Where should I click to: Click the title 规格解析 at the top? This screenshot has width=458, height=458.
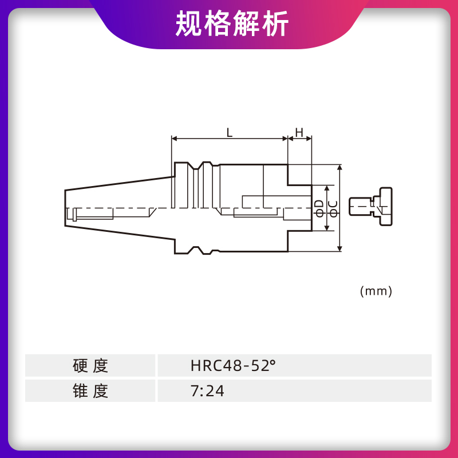click(x=232, y=24)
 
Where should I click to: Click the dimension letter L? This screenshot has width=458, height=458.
click(x=229, y=133)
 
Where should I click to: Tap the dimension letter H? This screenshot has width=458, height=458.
click(x=299, y=133)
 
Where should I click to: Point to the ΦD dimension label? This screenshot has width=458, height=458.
click(x=320, y=208)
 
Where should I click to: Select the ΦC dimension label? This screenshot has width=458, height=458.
click(x=333, y=208)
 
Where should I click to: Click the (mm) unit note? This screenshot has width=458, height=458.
click(x=376, y=291)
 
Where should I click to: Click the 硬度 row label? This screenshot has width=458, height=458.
click(x=90, y=365)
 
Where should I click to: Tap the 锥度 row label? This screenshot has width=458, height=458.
click(x=90, y=391)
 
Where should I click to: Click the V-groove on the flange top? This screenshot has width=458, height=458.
click(x=196, y=168)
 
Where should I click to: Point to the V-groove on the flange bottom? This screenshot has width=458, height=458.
click(x=196, y=249)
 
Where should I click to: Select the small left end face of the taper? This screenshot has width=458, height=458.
click(x=65, y=208)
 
